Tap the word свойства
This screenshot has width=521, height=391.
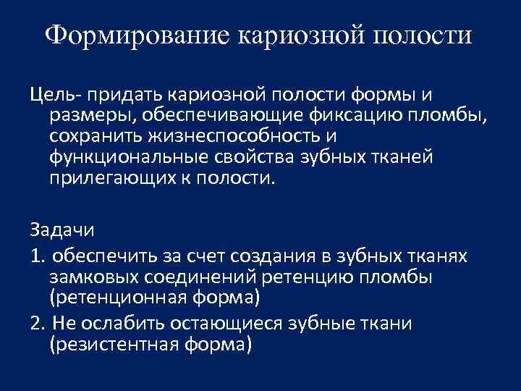pos(255,157)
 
